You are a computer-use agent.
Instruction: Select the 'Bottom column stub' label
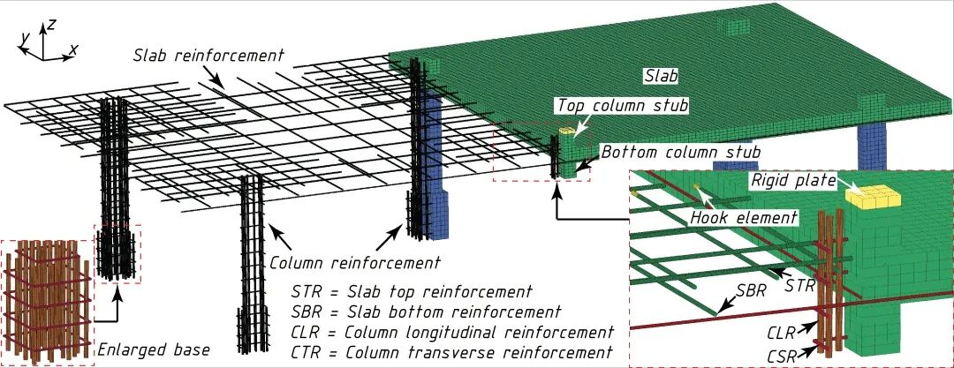[680, 153]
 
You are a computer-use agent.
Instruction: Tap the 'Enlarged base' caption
[155, 350]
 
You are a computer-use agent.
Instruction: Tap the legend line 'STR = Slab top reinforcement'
[411, 292]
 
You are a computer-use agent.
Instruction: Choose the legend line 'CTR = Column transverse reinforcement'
[451, 352]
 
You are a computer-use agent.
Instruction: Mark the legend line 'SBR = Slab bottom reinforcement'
[426, 312]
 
